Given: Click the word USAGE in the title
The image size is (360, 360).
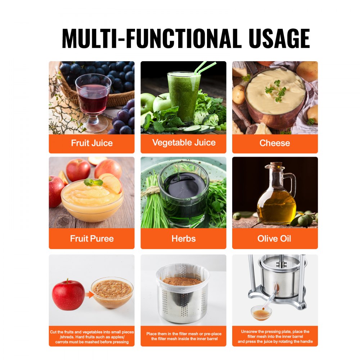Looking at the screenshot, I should pyautogui.click(x=278, y=38).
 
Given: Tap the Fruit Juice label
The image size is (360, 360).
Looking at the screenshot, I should pyautogui.click(x=92, y=143).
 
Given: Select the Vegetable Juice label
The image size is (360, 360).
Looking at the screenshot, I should pyautogui.click(x=184, y=143).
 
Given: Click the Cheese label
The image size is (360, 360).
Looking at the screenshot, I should pyautogui.click(x=275, y=143).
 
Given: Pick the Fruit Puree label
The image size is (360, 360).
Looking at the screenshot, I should pyautogui.click(x=92, y=238).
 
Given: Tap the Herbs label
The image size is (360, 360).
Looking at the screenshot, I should pyautogui.click(x=184, y=238).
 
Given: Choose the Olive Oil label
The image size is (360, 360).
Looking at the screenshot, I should pyautogui.click(x=274, y=238).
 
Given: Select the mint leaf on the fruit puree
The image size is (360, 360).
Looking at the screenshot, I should pyautogui.click(x=93, y=182).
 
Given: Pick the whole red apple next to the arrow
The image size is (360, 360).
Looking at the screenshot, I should pyautogui.click(x=68, y=294).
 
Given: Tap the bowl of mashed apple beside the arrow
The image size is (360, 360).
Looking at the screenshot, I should pyautogui.click(x=112, y=292).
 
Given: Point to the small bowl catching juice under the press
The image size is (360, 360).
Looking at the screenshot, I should pyautogui.click(x=261, y=313).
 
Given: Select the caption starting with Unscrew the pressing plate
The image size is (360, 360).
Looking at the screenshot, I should pyautogui.click(x=275, y=336).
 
